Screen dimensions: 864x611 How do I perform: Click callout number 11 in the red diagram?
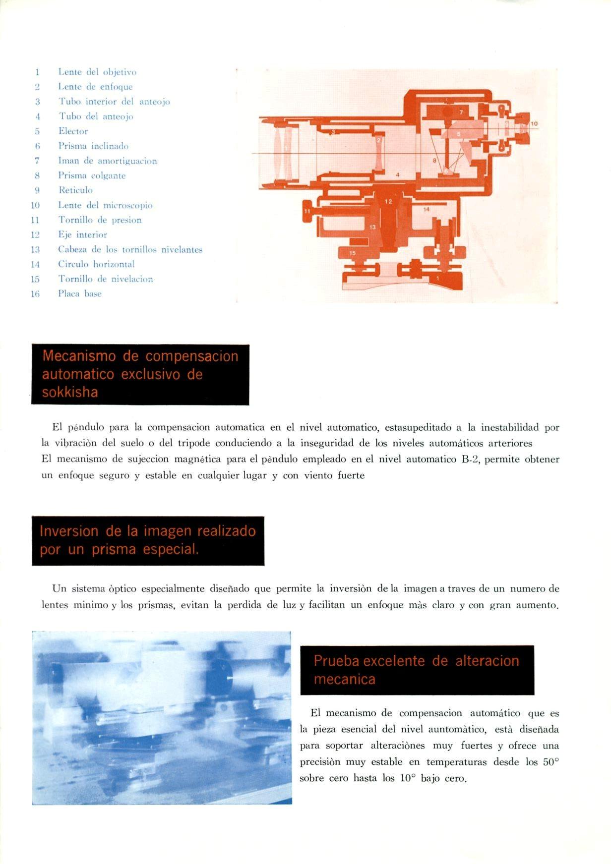307,211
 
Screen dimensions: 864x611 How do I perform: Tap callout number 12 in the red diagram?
388,201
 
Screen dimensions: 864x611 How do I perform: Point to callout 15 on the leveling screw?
353,253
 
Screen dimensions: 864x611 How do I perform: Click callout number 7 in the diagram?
461,113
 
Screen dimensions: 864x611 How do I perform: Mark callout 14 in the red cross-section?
427,210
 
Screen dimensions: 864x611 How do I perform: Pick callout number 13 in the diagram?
373,227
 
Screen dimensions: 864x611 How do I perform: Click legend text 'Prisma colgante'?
92,175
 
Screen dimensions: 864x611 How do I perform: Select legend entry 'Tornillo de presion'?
100,220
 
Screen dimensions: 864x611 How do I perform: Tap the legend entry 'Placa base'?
80,293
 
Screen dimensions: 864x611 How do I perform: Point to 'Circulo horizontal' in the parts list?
96,264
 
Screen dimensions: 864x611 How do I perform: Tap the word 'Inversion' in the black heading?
69,531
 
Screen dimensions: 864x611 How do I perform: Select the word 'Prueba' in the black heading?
337,661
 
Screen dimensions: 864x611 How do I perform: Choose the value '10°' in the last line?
407,778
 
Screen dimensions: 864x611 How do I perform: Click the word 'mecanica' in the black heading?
344,679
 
